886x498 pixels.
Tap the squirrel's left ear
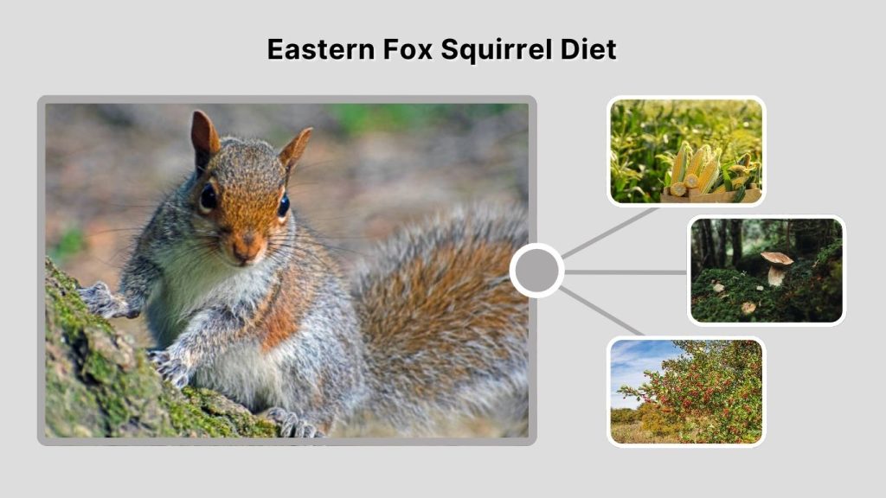coord(204,134)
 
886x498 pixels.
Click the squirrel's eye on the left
coord(209,197)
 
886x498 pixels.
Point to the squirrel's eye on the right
coord(283,206)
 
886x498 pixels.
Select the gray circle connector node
coord(536,271)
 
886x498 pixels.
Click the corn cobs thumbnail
coord(686,151)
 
